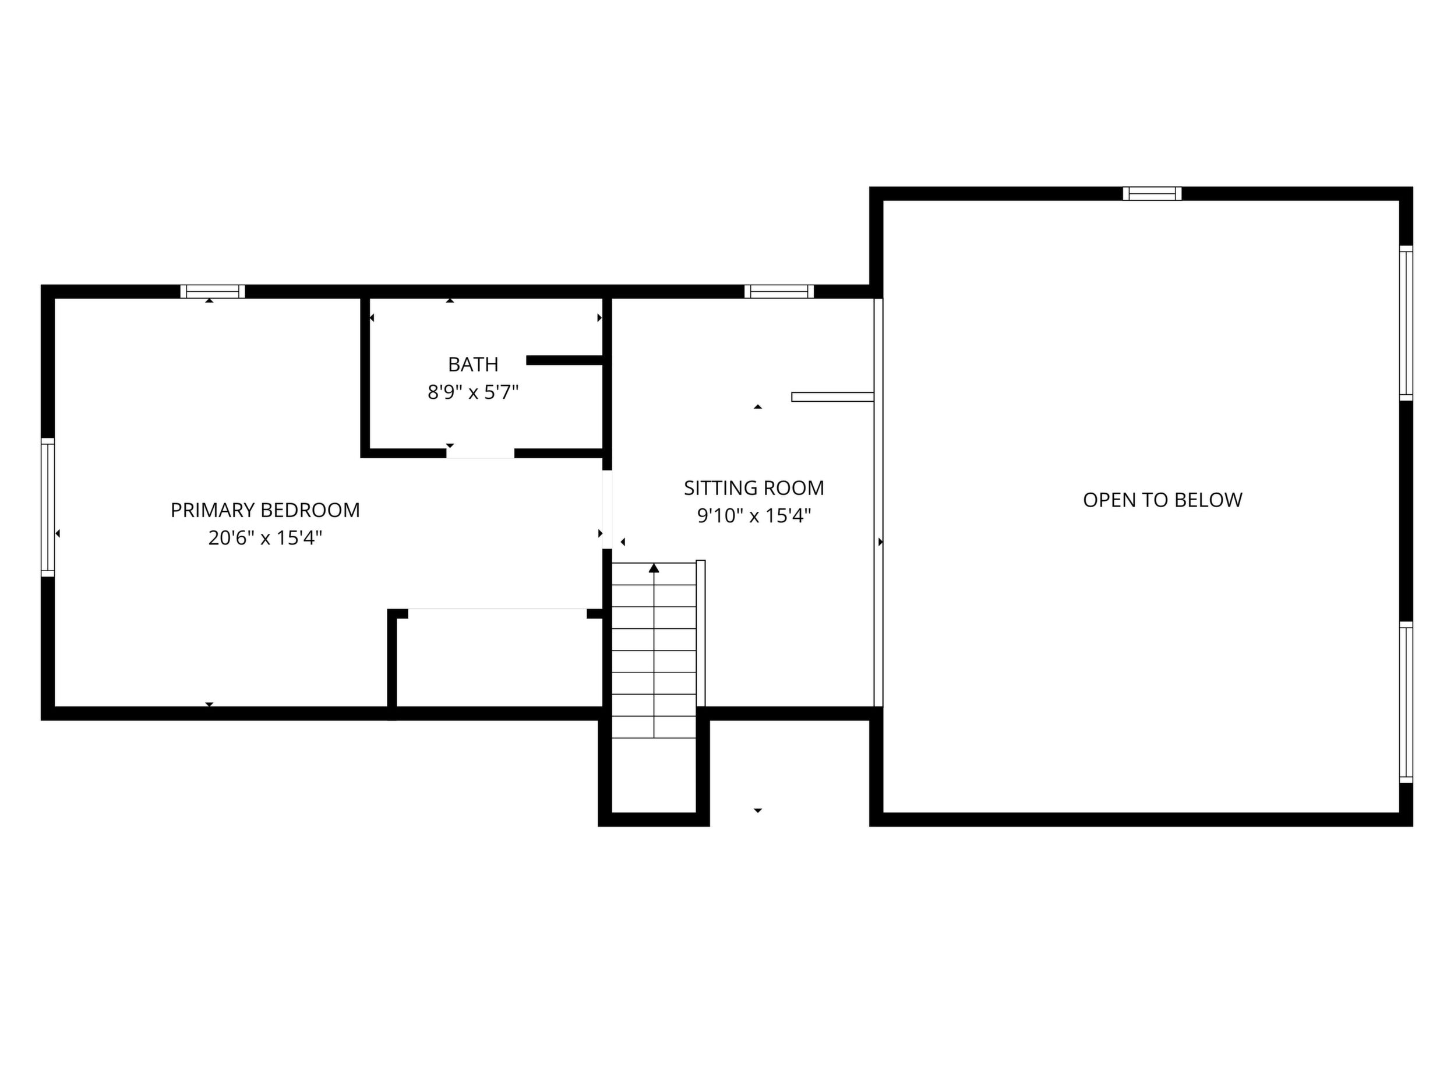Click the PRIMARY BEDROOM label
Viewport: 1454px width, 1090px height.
pos(265,510)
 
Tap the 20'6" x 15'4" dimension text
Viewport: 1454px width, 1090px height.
pos(265,538)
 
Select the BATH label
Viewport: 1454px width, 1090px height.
pos(472,364)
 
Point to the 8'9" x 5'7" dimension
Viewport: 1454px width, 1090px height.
pos(472,392)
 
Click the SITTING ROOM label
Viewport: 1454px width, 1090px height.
pos(753,487)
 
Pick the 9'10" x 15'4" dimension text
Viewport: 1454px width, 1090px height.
pos(753,516)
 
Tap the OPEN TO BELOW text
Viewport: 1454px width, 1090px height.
pos(1162,500)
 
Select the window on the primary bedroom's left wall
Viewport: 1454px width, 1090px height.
pos(48,507)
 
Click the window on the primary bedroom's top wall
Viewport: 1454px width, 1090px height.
pos(212,292)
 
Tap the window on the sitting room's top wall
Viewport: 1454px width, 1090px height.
pos(779,292)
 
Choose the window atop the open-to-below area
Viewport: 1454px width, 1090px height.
pos(1152,194)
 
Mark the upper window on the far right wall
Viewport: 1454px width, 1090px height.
pos(1406,323)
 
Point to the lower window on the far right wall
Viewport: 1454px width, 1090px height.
pos(1406,702)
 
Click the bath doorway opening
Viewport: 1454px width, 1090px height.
pos(481,454)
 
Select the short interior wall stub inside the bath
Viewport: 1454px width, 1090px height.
pos(564,360)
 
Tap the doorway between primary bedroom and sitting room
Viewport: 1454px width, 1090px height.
pos(608,509)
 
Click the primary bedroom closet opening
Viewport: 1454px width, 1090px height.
pos(497,614)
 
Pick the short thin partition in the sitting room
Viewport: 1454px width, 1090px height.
pos(832,397)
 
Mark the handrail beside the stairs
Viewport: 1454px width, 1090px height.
pos(701,634)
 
